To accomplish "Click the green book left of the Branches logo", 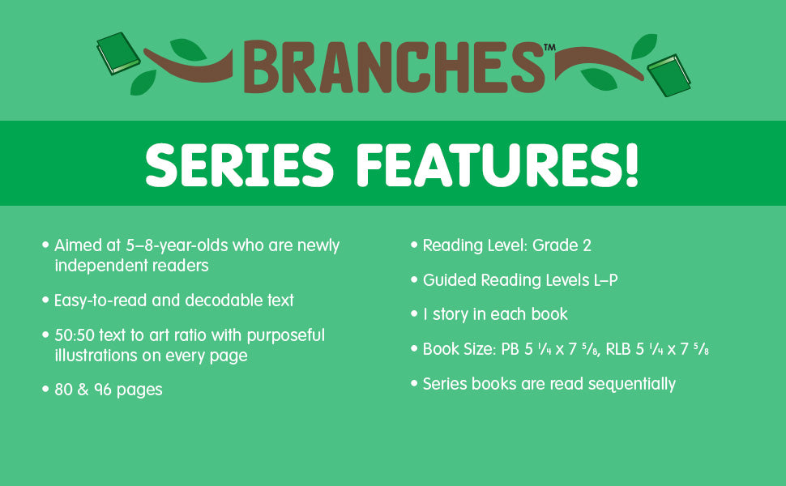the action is [118, 53].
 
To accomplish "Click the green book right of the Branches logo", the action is [669, 75].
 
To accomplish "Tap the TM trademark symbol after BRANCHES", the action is [550, 47].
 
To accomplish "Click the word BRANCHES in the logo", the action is [395, 67].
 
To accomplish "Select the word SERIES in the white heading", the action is [239, 165].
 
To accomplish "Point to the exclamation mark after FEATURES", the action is [630, 165].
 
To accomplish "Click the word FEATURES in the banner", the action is [488, 165].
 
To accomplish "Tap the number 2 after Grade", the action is [587, 245].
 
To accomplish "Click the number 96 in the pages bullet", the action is [103, 390].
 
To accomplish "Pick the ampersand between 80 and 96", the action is [83, 390].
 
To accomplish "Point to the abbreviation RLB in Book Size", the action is [617, 349].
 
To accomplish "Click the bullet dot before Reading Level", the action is [414, 245].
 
